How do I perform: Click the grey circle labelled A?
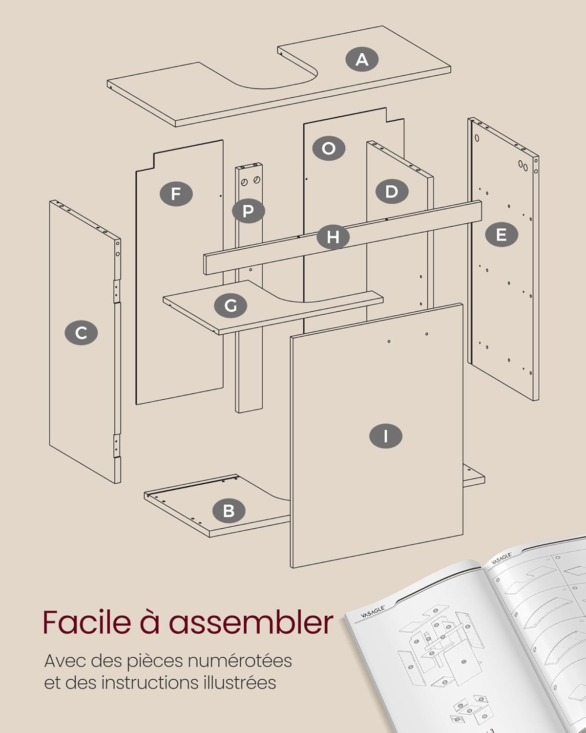coord(362,60)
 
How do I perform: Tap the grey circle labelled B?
coord(229,511)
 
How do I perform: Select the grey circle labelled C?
coord(81,333)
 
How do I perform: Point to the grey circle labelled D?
coord(392,192)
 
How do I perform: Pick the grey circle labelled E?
coord(501,235)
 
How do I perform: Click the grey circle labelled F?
coord(176,194)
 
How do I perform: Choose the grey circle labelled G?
coord(230,306)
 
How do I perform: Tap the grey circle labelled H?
coord(333,237)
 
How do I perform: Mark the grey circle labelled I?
coord(386,436)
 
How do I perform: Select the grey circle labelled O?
coord(329,148)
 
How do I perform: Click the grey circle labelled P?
coord(248,212)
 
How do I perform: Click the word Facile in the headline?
coord(86,622)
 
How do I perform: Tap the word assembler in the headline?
coord(251,622)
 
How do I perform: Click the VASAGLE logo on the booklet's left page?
coord(373,611)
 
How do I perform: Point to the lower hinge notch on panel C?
coord(117,445)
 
